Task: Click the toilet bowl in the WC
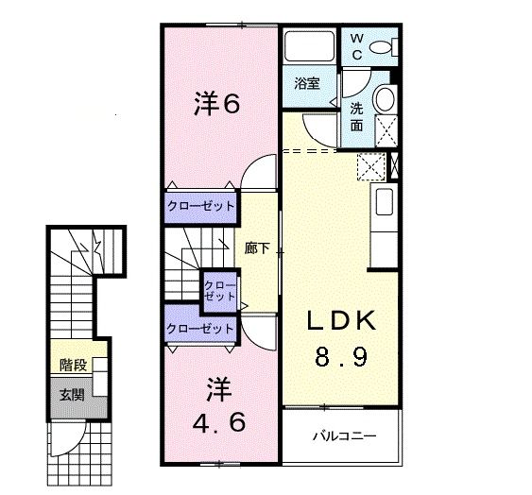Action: point(383,47)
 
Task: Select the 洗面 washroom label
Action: point(357,115)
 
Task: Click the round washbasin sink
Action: point(386,99)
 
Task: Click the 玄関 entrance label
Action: point(72,392)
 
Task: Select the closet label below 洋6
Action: point(200,205)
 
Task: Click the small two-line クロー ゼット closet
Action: point(220,289)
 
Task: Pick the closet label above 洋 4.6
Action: point(199,329)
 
